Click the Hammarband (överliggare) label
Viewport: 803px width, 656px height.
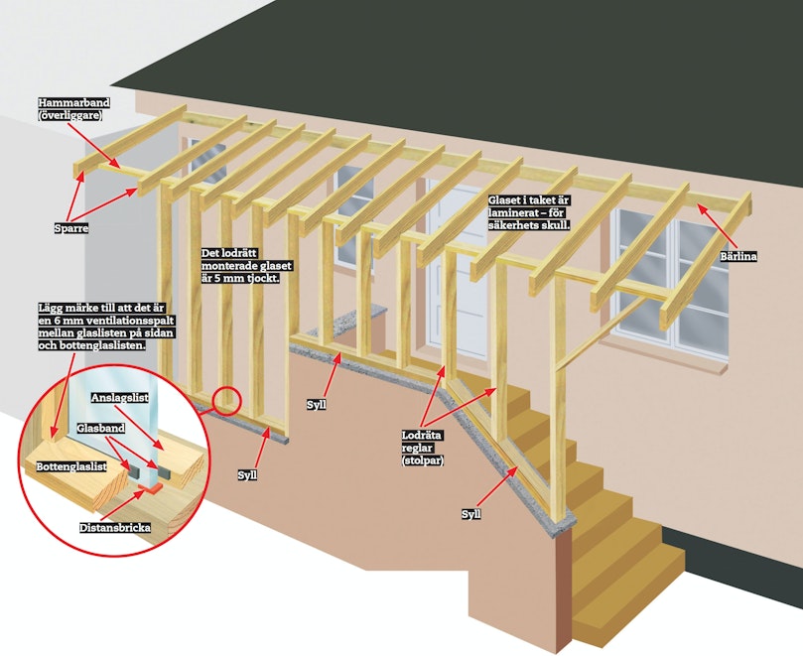coord(73,108)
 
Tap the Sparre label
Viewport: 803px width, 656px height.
coord(71,228)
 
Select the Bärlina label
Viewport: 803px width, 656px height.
coord(737,256)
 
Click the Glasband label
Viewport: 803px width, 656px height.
coord(101,428)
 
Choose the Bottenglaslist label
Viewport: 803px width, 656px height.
coord(71,466)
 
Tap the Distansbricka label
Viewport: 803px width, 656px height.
coord(115,527)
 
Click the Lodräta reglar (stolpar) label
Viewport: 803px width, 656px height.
coord(423,449)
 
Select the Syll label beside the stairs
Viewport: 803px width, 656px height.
coord(470,514)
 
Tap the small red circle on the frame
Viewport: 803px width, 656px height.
coord(226,401)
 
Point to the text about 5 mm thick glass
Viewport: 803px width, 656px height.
coord(246,266)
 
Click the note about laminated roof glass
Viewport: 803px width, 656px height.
coord(529,212)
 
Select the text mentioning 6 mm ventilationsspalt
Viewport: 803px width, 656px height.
coord(106,327)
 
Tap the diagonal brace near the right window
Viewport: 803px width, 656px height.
coord(600,332)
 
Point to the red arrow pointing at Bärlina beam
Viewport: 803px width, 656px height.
coord(718,226)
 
